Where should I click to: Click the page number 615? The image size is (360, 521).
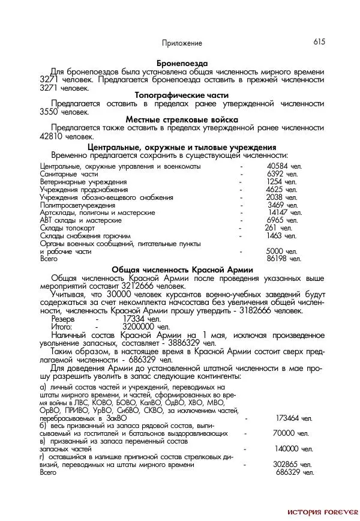[319, 42]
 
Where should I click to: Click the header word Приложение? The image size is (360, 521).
[182, 43]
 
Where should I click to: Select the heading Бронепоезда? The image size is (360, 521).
[182, 63]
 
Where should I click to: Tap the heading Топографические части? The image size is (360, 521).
[182, 95]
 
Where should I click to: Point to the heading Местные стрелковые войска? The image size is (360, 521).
[182, 119]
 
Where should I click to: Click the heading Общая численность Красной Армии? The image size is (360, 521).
[182, 270]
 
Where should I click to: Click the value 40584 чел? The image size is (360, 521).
[282, 166]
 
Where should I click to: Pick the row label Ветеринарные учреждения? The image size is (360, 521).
[83, 181]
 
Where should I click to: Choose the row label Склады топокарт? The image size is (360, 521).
[67, 228]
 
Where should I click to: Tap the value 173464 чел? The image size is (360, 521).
[294, 418]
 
